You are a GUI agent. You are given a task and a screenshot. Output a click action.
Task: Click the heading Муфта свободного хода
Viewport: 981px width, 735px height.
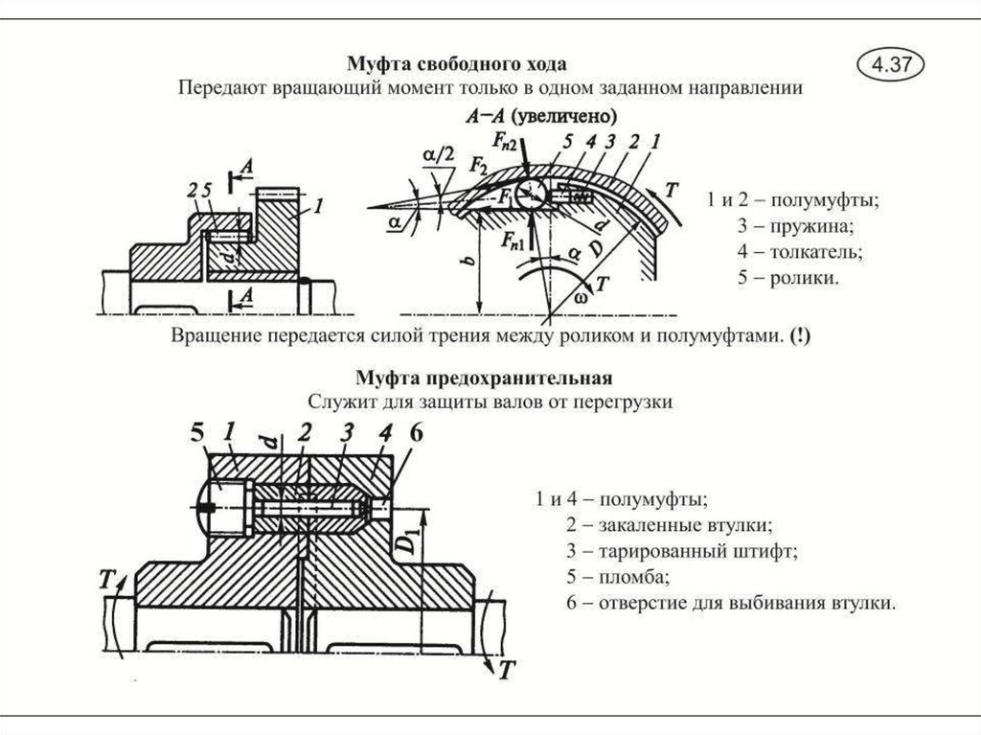pos(456,64)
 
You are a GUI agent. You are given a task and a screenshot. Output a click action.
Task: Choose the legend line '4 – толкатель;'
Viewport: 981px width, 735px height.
pos(800,253)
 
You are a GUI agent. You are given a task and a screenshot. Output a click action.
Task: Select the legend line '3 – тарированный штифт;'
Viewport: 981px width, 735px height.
pos(681,551)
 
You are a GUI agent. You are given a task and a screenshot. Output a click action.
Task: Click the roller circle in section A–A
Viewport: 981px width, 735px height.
pos(530,195)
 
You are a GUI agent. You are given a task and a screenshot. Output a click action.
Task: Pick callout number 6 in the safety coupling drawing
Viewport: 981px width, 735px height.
pos(415,433)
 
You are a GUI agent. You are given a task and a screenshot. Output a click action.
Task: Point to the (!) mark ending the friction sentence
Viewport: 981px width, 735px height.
pos(798,336)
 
